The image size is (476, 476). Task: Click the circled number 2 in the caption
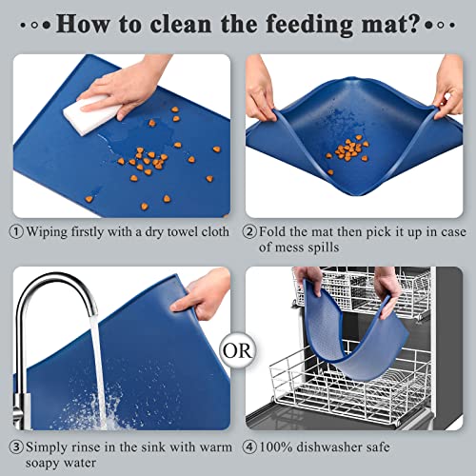coord(251,230)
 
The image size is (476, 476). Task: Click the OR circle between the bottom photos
coord(238,347)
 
